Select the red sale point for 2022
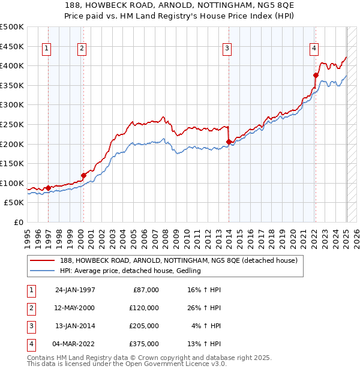point(315,75)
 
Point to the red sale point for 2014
point(229,142)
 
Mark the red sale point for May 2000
point(83,175)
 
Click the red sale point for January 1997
point(48,188)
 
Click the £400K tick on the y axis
point(13,65)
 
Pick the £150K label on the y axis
point(13,163)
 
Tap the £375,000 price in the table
point(145,344)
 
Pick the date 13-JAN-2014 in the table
point(74,326)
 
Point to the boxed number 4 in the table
point(30,344)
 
